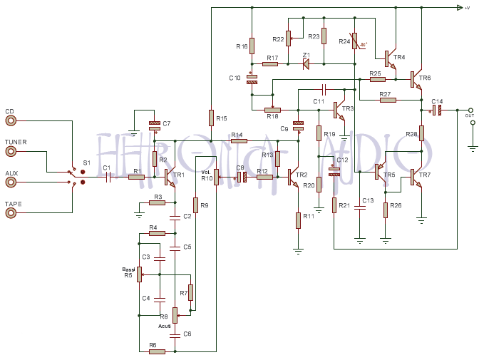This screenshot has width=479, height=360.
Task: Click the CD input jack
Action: click(x=10, y=121)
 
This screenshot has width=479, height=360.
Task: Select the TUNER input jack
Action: click(x=10, y=152)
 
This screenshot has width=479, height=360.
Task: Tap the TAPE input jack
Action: click(x=10, y=213)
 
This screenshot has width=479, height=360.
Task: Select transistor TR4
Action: click(x=389, y=58)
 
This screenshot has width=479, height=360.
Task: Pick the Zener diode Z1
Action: click(x=306, y=64)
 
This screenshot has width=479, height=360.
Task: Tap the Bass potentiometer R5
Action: click(x=140, y=274)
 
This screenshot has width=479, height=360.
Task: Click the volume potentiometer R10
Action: click(x=216, y=178)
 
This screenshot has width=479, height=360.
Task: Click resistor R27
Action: click(x=388, y=100)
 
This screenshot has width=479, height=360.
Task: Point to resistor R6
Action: click(x=157, y=351)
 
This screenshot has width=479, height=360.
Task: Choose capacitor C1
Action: click(x=108, y=177)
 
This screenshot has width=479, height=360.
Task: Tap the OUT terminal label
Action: click(x=469, y=115)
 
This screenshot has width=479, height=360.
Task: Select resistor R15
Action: click(x=211, y=118)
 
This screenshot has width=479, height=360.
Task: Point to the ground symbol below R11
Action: click(x=299, y=250)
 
